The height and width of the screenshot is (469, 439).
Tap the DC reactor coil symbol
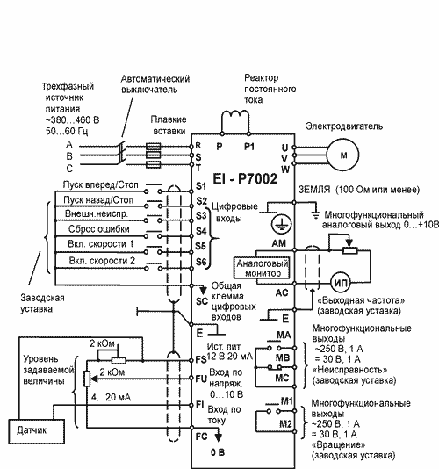235,113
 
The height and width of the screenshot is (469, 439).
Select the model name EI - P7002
245,179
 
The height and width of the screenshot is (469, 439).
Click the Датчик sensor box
36,431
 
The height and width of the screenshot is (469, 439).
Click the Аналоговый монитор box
263,268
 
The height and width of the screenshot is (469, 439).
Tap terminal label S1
201,186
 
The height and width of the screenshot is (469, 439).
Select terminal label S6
201,262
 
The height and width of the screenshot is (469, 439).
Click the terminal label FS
201,359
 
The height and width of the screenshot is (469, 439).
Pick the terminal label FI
200,404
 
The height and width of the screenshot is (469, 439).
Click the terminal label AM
278,243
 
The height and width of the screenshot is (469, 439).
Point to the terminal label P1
249,147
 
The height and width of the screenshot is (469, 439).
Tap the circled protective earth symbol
282,224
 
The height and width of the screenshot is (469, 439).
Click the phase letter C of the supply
69,169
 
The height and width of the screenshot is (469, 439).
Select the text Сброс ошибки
99,229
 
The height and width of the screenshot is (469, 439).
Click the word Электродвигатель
344,126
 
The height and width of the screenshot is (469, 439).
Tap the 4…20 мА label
111,397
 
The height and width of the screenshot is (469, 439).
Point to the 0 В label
218,452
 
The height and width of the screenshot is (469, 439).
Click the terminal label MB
283,357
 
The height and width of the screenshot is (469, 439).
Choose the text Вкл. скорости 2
102,261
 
